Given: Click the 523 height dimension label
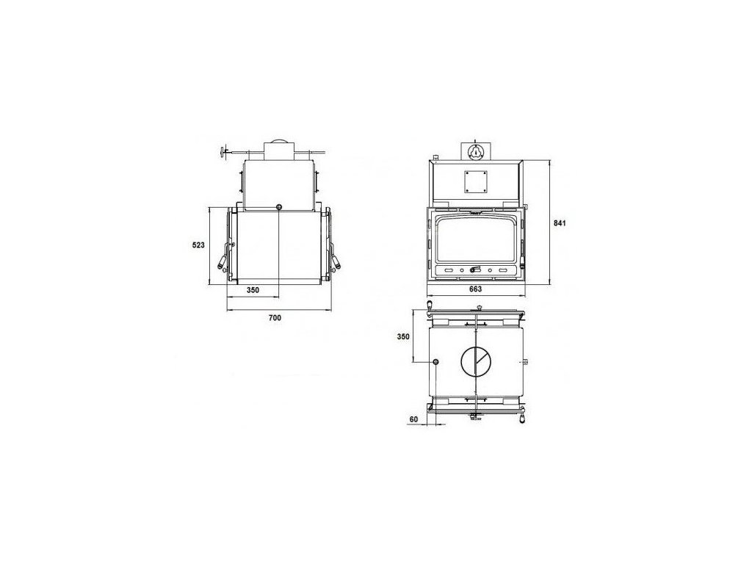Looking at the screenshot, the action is [198, 245].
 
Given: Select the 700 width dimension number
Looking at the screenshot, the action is [275, 317].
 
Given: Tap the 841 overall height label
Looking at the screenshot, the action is [560, 223].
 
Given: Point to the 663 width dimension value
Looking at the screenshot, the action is [475, 289].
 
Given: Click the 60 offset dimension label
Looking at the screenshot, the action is [414, 419].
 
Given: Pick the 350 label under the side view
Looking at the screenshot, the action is [253, 289].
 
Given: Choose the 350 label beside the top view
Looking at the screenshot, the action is [403, 336].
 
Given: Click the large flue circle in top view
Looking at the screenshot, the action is [476, 361].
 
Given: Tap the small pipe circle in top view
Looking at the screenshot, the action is [436, 361].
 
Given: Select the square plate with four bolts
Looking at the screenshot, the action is [476, 182].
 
